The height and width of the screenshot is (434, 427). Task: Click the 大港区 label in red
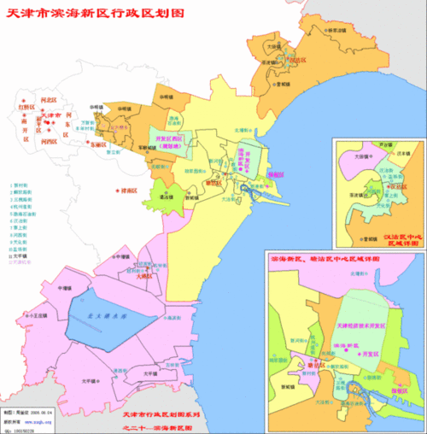pyautogui.click(x=143, y=275)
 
